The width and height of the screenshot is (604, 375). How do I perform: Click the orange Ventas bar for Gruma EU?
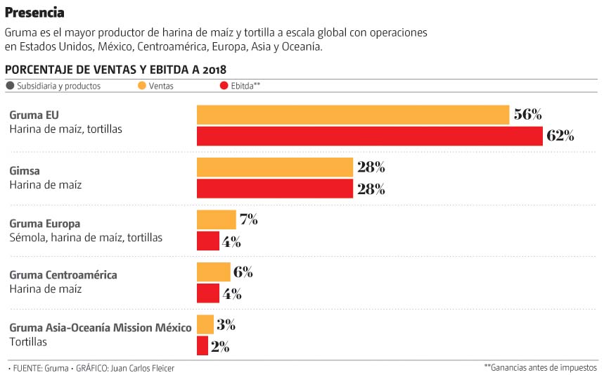pos(352,115)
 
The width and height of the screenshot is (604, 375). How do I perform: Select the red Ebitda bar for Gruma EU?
pos(369,136)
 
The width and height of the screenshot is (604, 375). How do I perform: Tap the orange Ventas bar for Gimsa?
pos(274,167)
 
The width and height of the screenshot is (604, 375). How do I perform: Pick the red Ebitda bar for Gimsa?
pos(274,189)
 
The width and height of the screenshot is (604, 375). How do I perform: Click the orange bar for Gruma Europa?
pos(216,220)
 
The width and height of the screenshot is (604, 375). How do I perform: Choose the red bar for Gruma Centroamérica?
pos(208,293)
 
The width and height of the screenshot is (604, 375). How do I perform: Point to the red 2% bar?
pos(203,345)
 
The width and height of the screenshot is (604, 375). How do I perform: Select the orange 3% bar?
pos(205,324)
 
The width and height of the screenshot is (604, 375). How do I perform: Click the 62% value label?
pos(560,136)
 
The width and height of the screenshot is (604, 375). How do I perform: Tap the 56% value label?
pos(527,115)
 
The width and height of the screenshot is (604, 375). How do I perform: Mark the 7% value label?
pos(248,220)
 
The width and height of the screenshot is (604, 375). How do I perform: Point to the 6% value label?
pos(243,272)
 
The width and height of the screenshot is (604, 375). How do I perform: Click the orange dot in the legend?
pos(142,86)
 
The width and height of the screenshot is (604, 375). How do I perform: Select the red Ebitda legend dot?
pos(224,86)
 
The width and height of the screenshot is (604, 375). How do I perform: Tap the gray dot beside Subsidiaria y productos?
pos(10,86)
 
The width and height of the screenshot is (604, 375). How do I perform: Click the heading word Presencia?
pos(34,13)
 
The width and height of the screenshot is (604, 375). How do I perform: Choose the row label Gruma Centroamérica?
pos(63,274)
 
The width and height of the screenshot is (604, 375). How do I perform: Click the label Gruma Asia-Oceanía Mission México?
pos(100,328)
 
